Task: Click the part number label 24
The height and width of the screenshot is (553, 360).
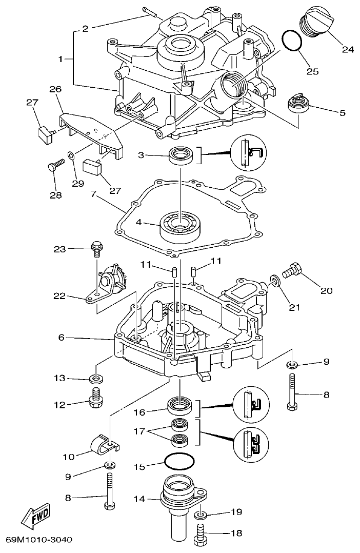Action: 348,50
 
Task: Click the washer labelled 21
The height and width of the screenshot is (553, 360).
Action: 276,281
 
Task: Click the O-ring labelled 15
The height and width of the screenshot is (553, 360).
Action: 179,462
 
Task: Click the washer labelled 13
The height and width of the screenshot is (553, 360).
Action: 95,379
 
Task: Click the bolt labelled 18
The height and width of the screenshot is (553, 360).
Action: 201,534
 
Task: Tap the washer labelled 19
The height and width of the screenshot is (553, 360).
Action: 201,513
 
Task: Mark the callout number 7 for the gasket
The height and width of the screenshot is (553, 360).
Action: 94,195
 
